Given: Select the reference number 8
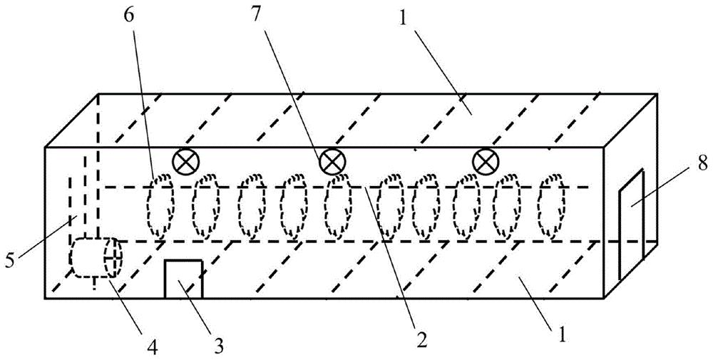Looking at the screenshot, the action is tap(702, 164).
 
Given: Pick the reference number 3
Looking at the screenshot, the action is tap(219, 347).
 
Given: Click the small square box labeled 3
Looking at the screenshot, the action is tap(183, 279).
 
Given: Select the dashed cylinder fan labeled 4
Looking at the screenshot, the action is tap(96, 258).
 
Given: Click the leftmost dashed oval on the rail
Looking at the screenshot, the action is tap(160, 207).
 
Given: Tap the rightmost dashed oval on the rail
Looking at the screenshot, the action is tap(552, 207).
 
